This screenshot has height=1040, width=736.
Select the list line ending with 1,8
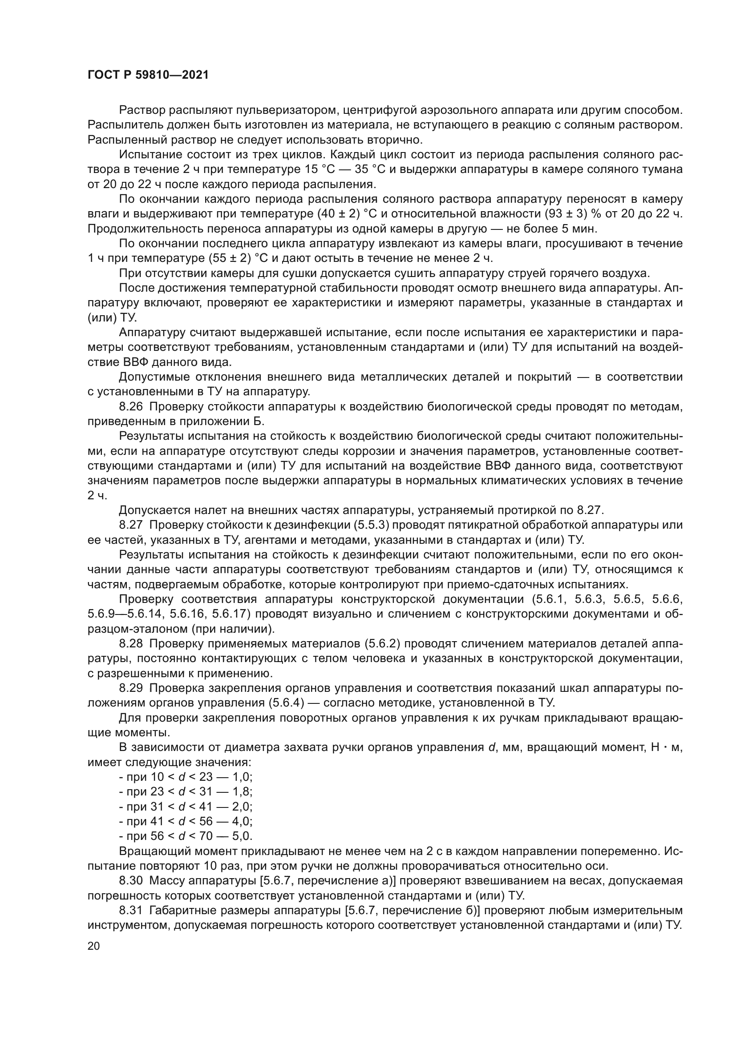coord(186,792)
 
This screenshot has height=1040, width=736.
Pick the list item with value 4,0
coord(186,821)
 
